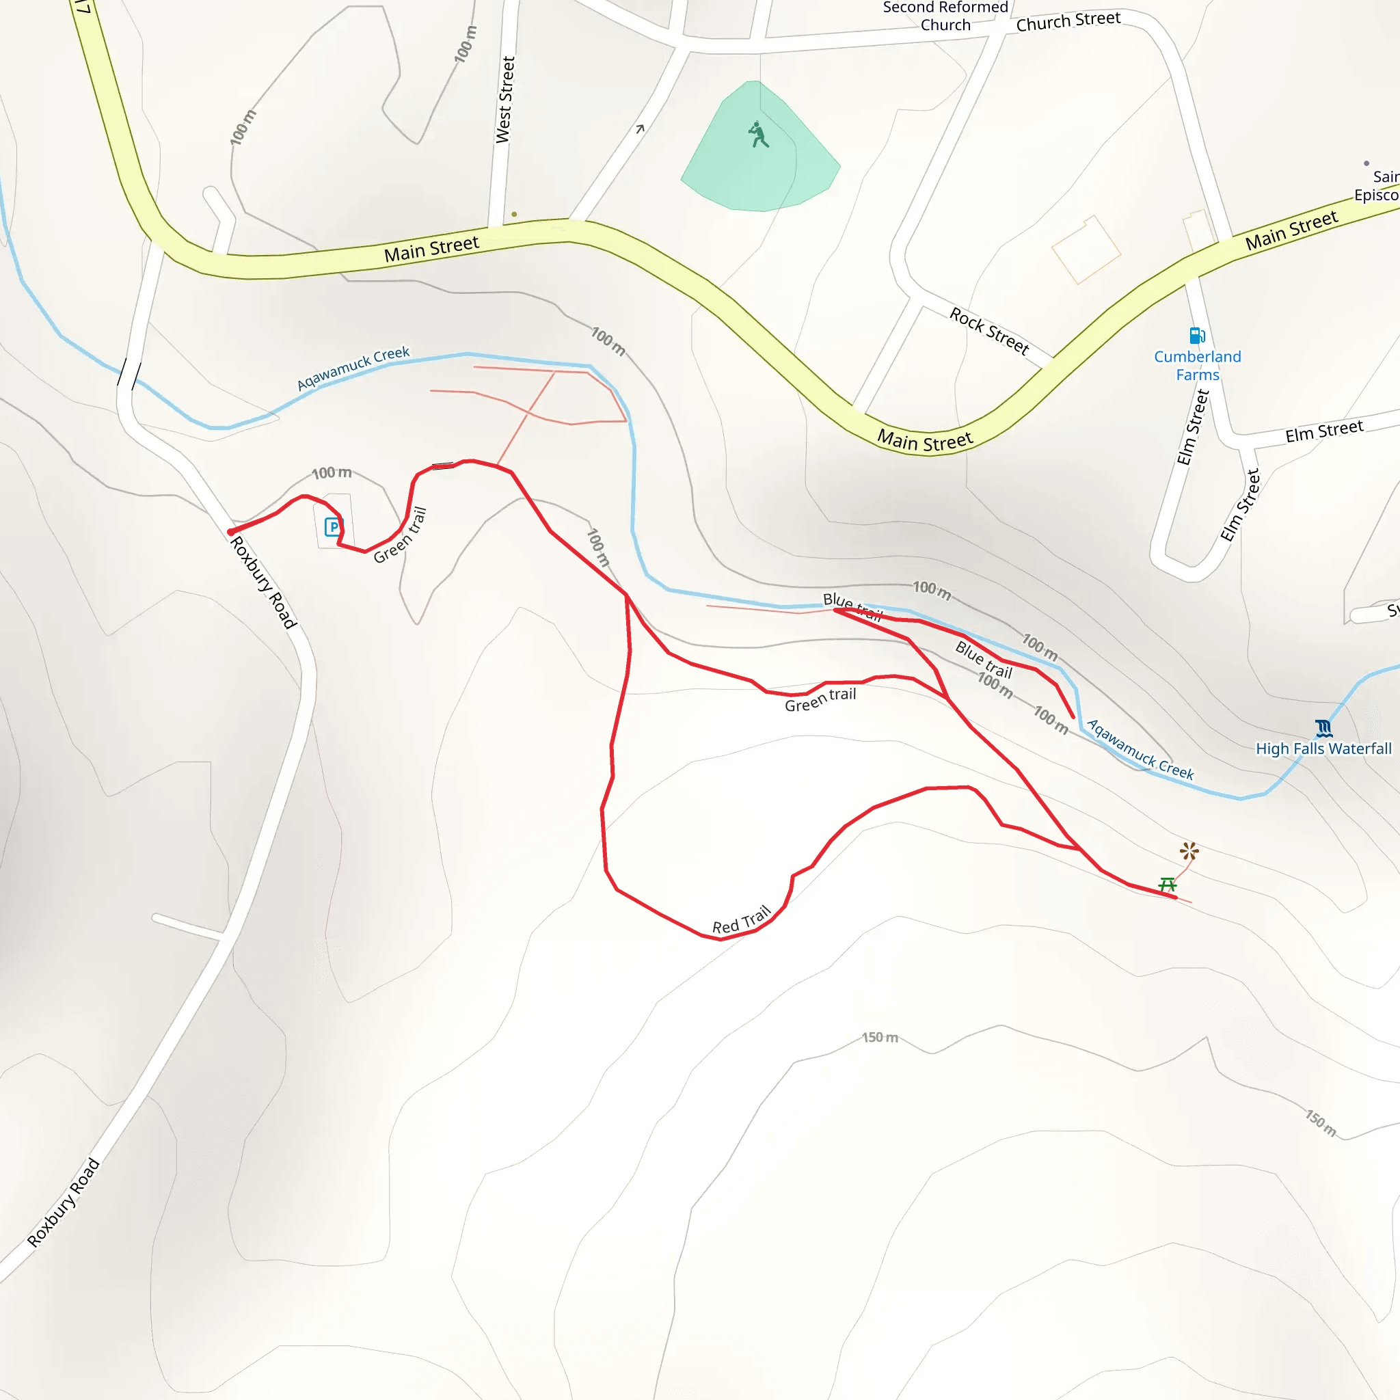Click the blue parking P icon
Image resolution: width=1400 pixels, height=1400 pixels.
[x=333, y=527]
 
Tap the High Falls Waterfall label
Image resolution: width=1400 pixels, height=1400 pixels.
[x=1323, y=749]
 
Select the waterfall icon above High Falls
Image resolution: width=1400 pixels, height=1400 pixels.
[x=1323, y=727]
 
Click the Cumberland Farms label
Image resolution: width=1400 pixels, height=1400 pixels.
[x=1197, y=365]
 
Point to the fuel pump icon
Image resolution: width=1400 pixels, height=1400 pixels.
[x=1197, y=336]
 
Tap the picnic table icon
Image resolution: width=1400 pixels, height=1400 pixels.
[x=1167, y=884]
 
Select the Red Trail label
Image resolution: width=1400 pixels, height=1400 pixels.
[x=741, y=920]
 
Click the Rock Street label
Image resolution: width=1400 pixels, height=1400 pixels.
[x=989, y=330]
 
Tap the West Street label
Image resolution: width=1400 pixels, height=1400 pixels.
[x=505, y=100]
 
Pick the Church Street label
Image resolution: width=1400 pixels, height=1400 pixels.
[x=1068, y=21]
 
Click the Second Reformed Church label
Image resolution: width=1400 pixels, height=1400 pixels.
[x=945, y=16]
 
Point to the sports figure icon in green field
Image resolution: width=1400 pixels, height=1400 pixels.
[x=758, y=135]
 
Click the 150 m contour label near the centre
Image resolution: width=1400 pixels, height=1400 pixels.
[x=880, y=1038]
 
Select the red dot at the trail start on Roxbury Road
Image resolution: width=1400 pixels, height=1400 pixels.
[x=231, y=533]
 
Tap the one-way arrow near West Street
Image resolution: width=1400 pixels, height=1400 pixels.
[x=640, y=129]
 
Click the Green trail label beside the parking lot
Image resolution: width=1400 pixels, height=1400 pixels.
[x=400, y=535]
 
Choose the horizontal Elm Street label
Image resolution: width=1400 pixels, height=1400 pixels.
[x=1324, y=431]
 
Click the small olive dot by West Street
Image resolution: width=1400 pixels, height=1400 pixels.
[x=515, y=215]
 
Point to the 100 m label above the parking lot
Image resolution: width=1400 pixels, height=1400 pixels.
[x=331, y=473]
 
